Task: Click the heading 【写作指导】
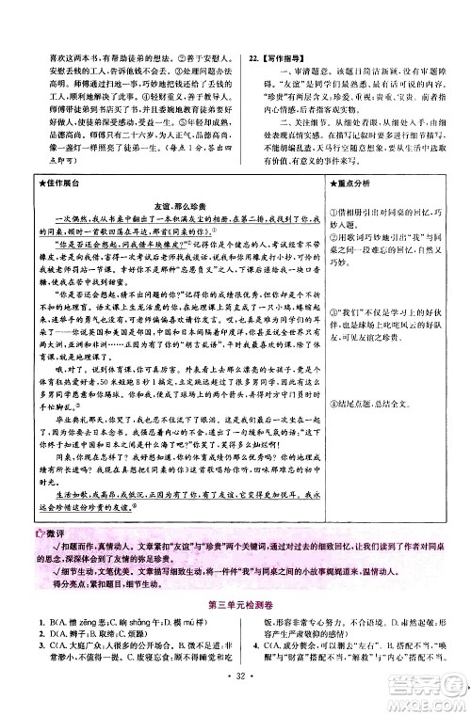280,55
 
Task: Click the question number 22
252,55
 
